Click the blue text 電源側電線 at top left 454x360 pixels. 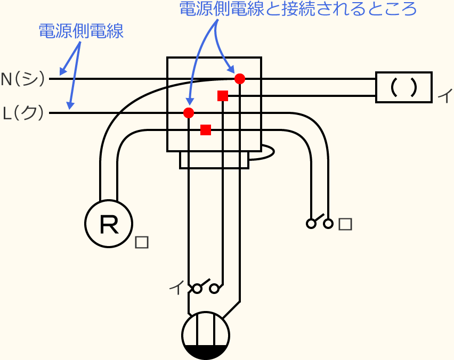click(80, 31)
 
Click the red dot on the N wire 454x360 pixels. click(240, 79)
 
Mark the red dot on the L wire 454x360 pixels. click(189, 113)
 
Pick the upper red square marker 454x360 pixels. click(223, 96)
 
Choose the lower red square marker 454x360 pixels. click(206, 130)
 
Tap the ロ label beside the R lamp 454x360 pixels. click(142, 242)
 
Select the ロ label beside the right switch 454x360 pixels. click(345, 224)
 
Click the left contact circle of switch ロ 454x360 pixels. click(311, 224)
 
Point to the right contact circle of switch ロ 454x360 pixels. click(328, 224)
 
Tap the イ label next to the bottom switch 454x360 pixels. click(176, 288)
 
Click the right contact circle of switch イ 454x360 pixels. click(214, 289)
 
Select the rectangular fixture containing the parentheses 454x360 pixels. click(403, 87)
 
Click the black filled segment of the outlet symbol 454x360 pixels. click(206, 351)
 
